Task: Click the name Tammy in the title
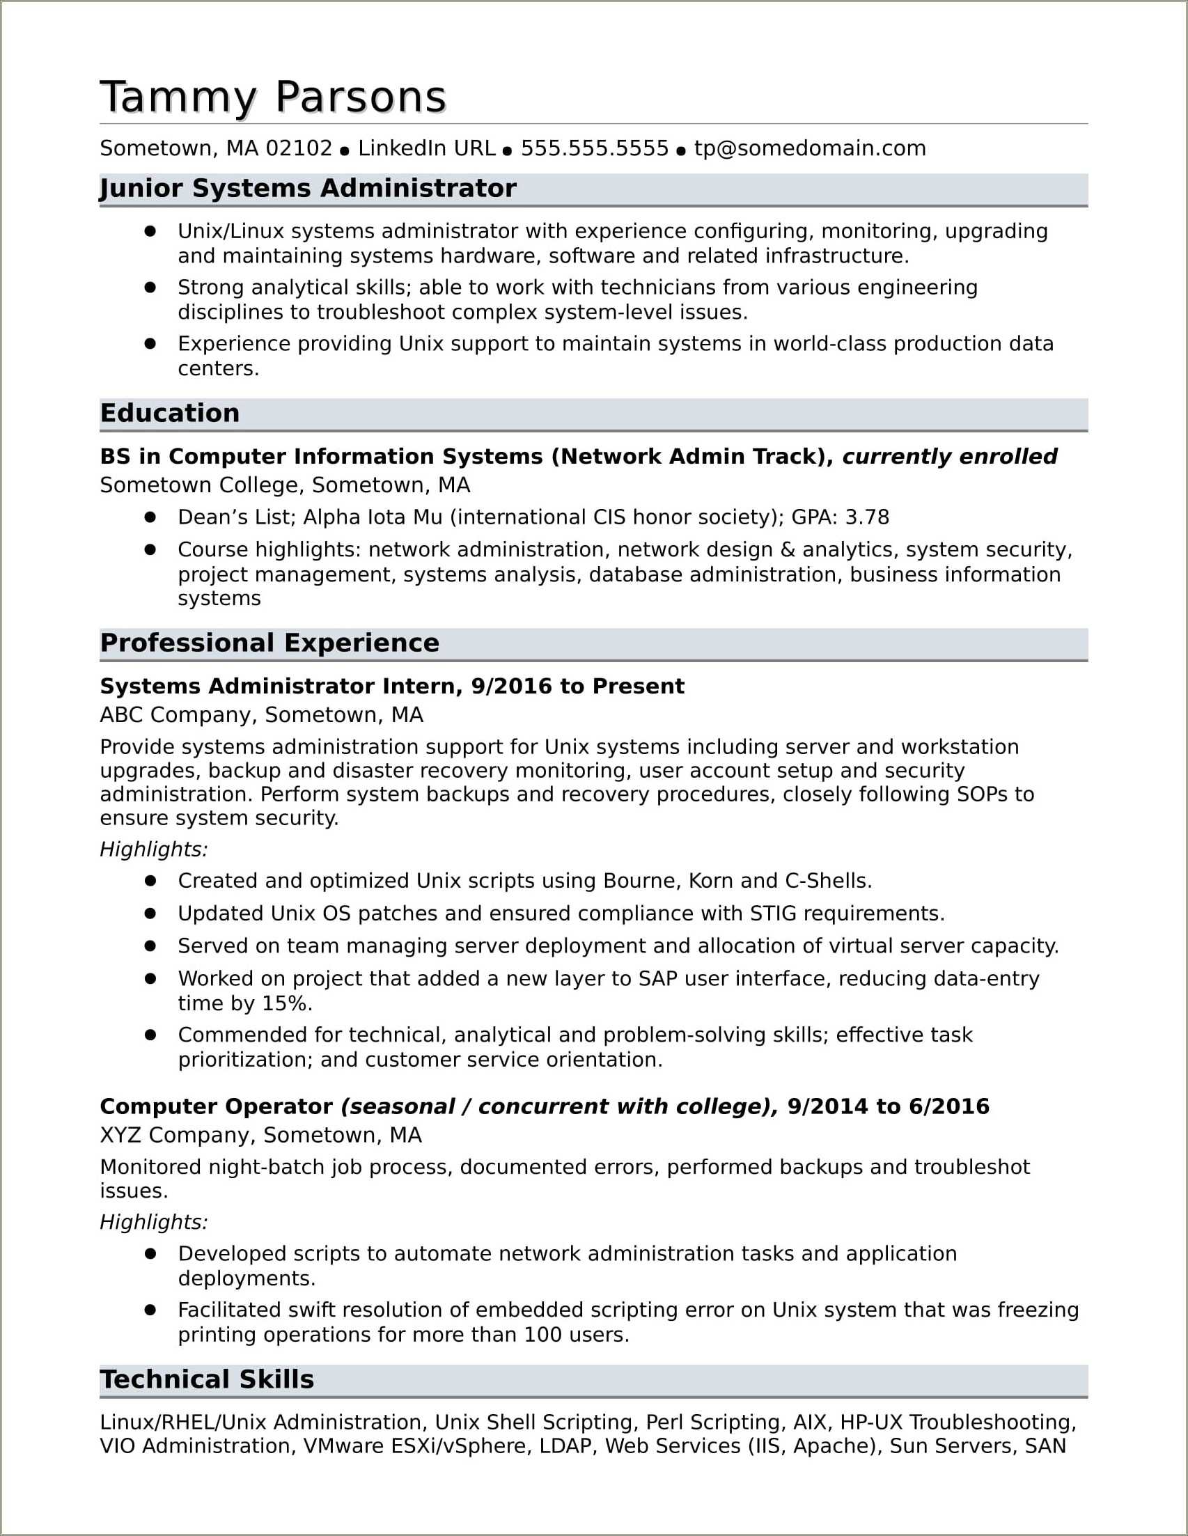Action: [179, 97]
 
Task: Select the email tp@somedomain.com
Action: [810, 148]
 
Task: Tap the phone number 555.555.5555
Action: [595, 148]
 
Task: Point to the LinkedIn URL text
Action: [426, 148]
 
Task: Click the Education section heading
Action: [169, 414]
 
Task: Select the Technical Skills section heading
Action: [207, 1380]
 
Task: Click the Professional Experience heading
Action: [269, 643]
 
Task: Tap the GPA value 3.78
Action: [866, 517]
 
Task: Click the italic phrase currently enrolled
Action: [950, 457]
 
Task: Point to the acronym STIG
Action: [773, 914]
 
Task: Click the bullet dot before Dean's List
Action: [150, 517]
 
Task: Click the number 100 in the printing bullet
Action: [542, 1335]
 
